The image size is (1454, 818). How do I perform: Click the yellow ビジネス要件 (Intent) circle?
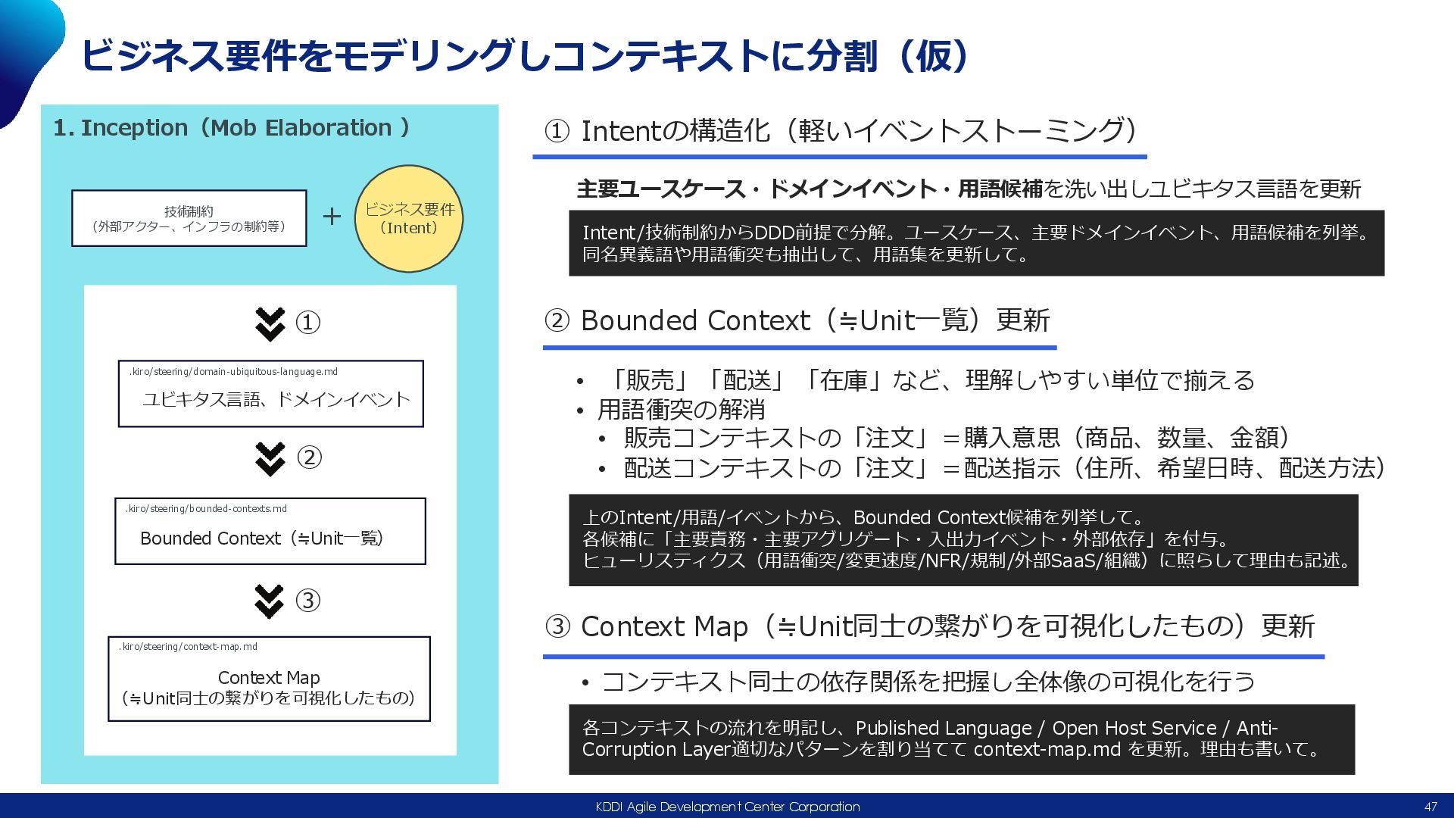click(409, 219)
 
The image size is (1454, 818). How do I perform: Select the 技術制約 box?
click(189, 218)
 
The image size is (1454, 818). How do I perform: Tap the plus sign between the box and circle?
click(332, 217)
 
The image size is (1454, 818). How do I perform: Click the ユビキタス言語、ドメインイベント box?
click(270, 394)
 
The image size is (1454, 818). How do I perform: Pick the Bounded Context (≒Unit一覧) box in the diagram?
click(270, 532)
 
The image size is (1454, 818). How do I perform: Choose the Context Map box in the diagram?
click(269, 679)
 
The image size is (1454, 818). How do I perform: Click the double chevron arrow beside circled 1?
click(270, 323)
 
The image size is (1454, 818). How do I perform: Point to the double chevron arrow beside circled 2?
click(270, 458)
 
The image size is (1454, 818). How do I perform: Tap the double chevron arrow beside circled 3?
click(270, 601)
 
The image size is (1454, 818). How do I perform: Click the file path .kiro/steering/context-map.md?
click(188, 647)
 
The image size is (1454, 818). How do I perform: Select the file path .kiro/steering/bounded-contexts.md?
click(206, 509)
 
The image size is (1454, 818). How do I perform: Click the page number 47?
click(1430, 807)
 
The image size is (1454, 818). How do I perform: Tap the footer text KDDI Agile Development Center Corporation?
click(727, 807)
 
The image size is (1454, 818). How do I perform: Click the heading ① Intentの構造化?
click(841, 131)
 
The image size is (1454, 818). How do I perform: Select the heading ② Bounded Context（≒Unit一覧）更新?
click(797, 321)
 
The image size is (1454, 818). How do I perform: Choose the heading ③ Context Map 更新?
click(929, 627)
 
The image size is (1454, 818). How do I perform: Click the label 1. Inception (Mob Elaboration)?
click(231, 128)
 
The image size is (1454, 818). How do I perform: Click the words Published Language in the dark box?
click(944, 728)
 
